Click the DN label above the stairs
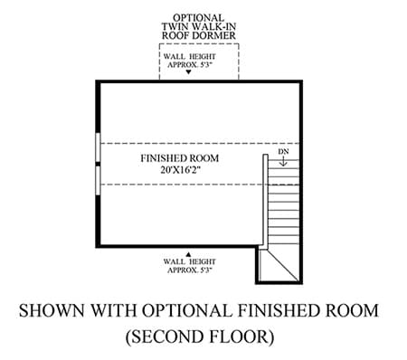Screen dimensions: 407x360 [283, 151]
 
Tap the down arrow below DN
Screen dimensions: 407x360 [283, 161]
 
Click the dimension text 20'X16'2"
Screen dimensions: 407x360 [181, 170]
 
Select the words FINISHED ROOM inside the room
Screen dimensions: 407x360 [180, 158]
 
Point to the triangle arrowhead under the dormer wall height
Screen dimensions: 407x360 [189, 72]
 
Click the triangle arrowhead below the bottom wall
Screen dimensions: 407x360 [188, 254]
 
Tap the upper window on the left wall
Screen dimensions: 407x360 [98, 147]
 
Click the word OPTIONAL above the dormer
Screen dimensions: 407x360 [198, 18]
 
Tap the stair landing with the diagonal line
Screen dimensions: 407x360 [279, 266]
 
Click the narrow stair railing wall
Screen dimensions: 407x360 [265, 202]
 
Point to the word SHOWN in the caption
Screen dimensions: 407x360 [52, 310]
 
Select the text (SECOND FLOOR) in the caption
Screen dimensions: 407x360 [200, 336]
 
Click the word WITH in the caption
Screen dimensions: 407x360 [114, 310]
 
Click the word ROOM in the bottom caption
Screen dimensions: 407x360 [352, 310]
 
